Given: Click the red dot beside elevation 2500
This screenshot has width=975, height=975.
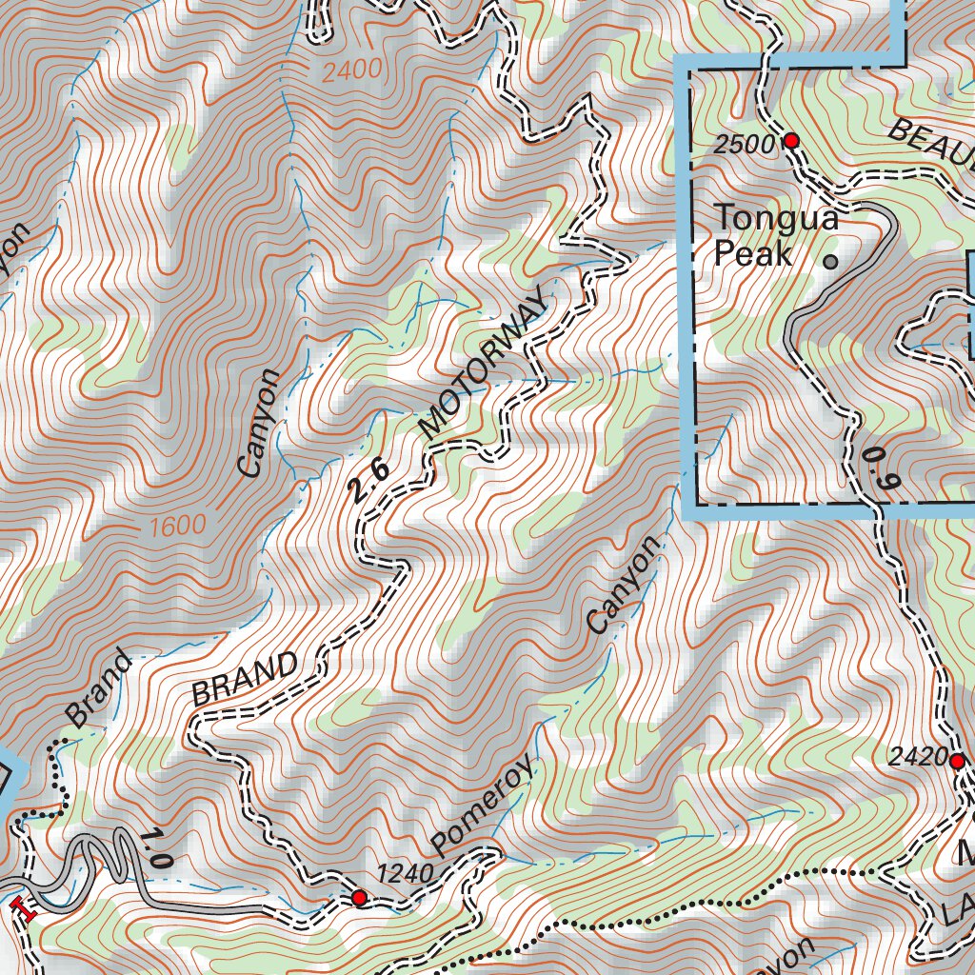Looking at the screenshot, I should (x=790, y=141).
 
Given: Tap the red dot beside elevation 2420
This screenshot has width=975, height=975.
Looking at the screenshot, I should (x=957, y=760).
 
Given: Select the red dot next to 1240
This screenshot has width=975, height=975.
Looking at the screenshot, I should (x=359, y=897).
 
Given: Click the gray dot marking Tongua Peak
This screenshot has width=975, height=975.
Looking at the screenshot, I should (x=830, y=260).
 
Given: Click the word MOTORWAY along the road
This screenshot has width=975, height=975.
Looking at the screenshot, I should (x=485, y=366).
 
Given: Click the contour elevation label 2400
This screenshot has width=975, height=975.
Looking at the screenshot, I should (x=351, y=70).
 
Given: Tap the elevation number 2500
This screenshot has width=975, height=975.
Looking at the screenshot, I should (x=745, y=144).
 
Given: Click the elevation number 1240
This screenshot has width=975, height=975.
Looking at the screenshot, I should (x=406, y=873).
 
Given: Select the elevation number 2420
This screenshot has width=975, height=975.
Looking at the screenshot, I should (x=918, y=759).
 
